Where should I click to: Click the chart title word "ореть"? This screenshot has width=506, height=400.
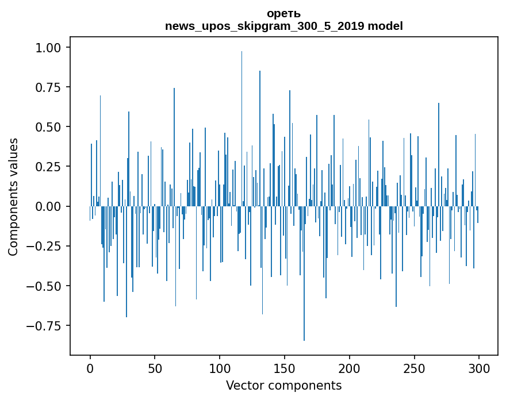point(283,14)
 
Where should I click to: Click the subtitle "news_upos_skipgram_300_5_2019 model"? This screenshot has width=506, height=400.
point(283,26)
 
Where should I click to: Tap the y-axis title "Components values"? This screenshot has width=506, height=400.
point(13,197)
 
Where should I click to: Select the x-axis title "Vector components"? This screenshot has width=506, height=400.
point(283,386)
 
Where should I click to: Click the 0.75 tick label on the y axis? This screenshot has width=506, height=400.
point(48,87)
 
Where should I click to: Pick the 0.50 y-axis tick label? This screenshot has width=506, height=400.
point(48,127)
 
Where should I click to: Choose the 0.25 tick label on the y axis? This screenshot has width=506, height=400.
point(48,167)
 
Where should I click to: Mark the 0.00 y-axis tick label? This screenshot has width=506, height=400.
point(48,206)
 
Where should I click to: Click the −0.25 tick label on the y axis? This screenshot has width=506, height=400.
point(43,247)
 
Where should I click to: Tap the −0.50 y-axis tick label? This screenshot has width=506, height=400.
point(43,286)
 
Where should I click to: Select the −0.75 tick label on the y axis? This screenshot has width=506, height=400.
point(43,326)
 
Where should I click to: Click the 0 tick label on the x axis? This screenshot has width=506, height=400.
point(90,368)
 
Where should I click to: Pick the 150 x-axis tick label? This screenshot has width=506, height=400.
point(285,368)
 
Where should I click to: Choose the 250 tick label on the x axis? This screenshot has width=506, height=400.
point(414,368)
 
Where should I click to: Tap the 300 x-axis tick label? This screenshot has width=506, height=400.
point(479,368)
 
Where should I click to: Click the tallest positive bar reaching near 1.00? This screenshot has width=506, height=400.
point(241,129)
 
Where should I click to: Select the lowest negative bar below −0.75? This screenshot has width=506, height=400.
point(304,273)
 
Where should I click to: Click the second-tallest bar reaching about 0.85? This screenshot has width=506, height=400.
point(260,139)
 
